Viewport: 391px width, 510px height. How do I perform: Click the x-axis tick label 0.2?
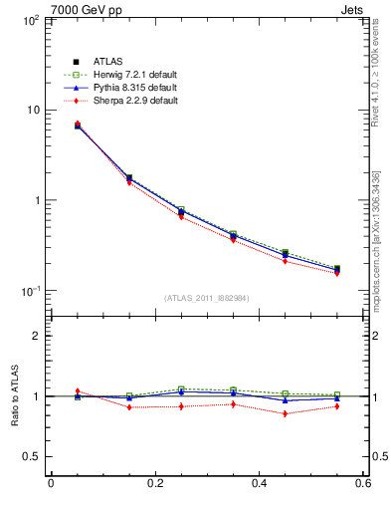coord(154,484)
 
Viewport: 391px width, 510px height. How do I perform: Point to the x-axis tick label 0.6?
coord(364,484)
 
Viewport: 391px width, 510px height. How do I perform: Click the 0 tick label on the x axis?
coord(51,484)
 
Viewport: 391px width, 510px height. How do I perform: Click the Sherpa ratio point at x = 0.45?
coord(285,413)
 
